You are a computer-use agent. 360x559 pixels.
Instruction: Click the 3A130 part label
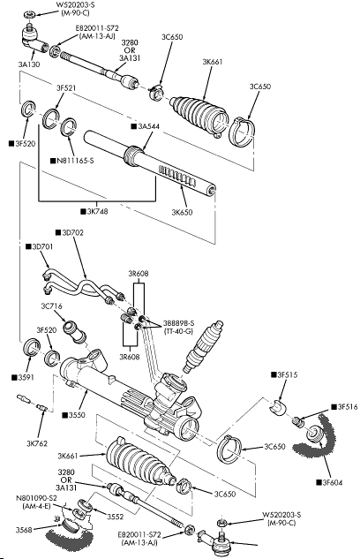pyautogui.click(x=29, y=64)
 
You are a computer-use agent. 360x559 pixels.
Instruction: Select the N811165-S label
pyautogui.click(x=75, y=161)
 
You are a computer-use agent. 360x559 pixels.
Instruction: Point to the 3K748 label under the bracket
pyautogui.click(x=97, y=211)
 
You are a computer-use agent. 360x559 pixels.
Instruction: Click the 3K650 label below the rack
pyautogui.click(x=182, y=213)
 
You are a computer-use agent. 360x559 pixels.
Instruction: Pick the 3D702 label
pyautogui.click(x=72, y=233)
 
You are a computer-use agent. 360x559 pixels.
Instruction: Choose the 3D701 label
pyautogui.click(x=42, y=246)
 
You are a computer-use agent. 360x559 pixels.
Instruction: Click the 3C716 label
pyautogui.click(x=52, y=306)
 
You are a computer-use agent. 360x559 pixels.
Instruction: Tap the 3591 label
pyautogui.click(x=26, y=377)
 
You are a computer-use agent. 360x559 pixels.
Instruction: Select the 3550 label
pyautogui.click(x=77, y=415)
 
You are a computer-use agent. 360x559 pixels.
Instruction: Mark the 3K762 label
pyautogui.click(x=37, y=444)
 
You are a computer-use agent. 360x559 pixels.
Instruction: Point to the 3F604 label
pyautogui.click(x=333, y=483)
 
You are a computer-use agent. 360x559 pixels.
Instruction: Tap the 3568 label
pyautogui.click(x=24, y=530)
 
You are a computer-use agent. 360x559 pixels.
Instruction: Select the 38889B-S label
pyautogui.click(x=179, y=323)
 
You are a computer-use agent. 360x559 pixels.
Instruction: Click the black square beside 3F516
pyautogui.click(x=334, y=407)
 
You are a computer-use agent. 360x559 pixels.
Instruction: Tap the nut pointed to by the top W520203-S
pyautogui.click(x=30, y=15)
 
